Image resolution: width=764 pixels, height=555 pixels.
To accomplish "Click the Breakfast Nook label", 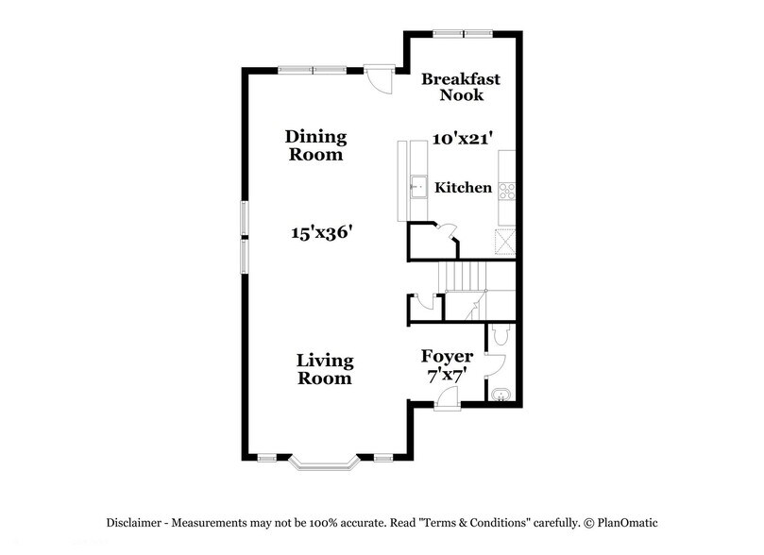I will [x=460, y=87].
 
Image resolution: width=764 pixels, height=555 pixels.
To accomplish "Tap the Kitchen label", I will [x=463, y=188].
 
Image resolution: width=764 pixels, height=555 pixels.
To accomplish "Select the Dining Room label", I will [x=315, y=145].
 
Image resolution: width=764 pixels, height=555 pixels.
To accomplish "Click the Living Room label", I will [x=324, y=369].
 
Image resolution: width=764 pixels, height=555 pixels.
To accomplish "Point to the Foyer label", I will [x=447, y=357].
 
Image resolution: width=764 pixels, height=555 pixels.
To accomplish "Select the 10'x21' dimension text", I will [x=463, y=139].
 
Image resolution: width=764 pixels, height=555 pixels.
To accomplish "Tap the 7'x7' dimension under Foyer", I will [x=447, y=377].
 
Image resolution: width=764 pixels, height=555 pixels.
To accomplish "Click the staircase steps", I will [x=464, y=277].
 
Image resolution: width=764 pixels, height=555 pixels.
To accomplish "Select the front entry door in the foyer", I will [x=446, y=401].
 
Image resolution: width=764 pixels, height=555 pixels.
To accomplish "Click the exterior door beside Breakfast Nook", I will [x=379, y=78].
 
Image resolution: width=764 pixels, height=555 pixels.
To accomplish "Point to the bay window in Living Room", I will [x=324, y=463].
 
